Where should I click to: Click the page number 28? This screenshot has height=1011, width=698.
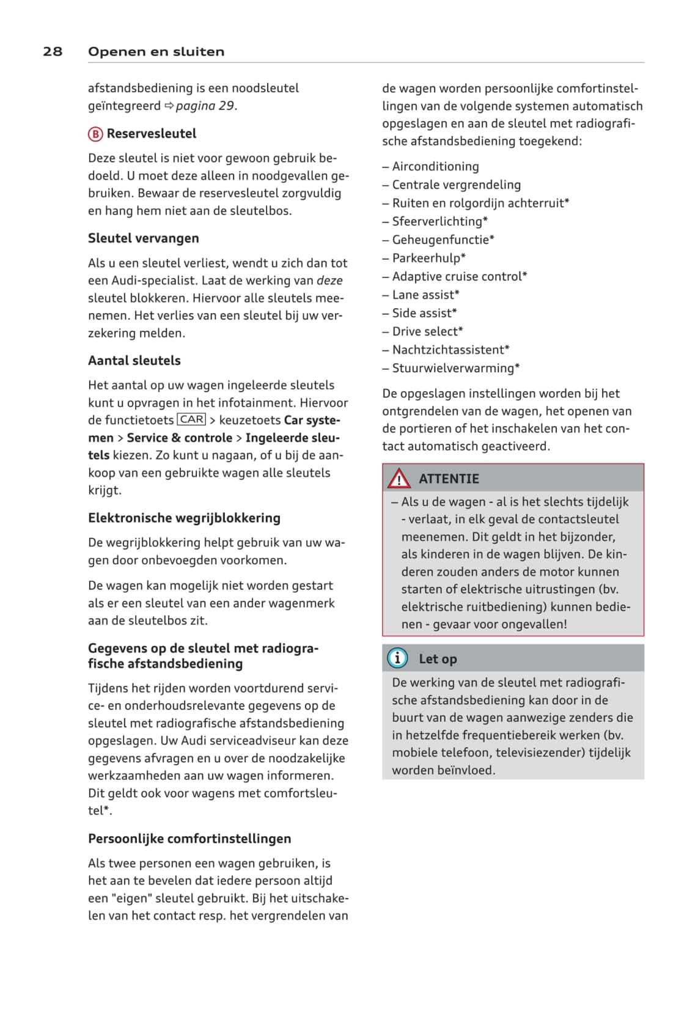click(x=53, y=51)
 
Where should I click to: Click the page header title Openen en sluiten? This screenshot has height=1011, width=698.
click(x=156, y=51)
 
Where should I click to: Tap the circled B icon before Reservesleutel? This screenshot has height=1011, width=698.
click(x=95, y=134)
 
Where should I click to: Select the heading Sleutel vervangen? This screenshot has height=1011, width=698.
click(x=143, y=238)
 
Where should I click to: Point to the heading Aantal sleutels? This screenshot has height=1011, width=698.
click(x=134, y=361)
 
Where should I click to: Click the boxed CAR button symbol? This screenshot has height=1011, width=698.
click(x=192, y=419)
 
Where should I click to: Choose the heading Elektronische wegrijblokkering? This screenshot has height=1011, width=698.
click(x=184, y=518)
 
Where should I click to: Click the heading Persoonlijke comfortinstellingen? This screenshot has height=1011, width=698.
click(x=189, y=839)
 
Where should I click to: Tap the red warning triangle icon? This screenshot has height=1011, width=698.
click(x=399, y=478)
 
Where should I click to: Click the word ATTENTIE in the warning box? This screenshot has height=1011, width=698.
click(x=449, y=479)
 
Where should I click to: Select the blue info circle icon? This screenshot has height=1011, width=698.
click(x=397, y=658)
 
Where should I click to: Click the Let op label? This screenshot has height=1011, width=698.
click(x=438, y=659)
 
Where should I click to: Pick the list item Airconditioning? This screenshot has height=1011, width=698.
click(x=435, y=166)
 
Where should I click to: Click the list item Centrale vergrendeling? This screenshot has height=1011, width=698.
click(x=456, y=185)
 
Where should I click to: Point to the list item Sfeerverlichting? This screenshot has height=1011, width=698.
click(x=439, y=221)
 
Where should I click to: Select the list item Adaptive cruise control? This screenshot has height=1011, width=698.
click(x=459, y=276)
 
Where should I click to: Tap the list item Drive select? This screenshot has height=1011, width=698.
click(x=427, y=331)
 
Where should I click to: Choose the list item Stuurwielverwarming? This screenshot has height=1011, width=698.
click(x=455, y=368)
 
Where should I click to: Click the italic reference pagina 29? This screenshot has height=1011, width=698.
click(x=205, y=106)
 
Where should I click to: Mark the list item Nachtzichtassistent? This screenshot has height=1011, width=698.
click(x=450, y=350)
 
